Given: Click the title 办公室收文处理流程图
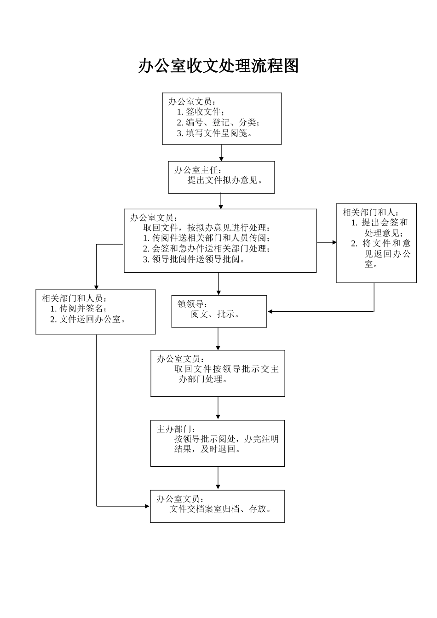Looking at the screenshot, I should click(218, 66).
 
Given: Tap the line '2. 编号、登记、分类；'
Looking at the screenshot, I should click(218, 122).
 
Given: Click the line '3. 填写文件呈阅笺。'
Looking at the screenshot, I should click(215, 133).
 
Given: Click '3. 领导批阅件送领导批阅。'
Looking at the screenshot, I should click(194, 259).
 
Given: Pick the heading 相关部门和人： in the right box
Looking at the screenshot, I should click(371, 212).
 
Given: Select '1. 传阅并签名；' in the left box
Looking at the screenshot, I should click(78, 309).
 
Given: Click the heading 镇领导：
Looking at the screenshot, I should click(193, 304).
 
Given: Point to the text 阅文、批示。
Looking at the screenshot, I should click(215, 315).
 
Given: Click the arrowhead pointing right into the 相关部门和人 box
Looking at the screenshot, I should click(334, 242).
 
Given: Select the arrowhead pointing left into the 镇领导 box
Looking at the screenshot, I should click(270, 311).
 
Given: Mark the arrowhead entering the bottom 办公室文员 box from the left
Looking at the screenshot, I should click(147, 506).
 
